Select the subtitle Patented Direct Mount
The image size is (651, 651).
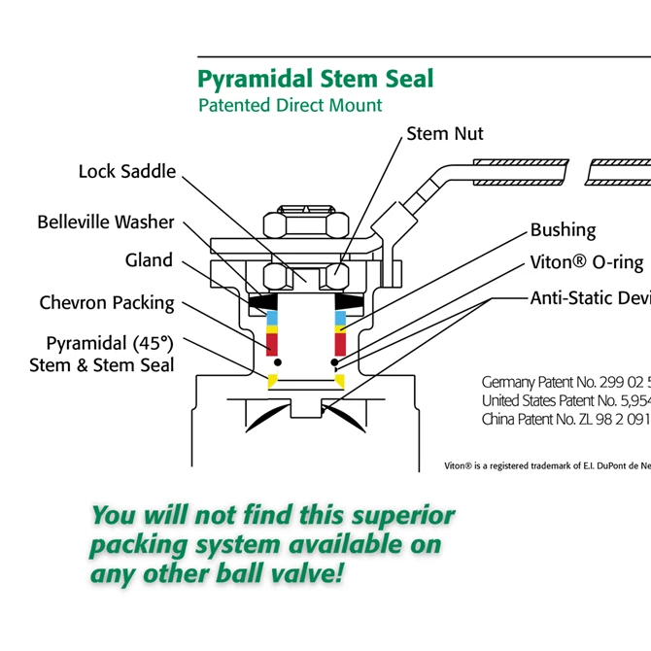pos(291,105)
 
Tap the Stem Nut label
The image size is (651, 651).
pos(444,133)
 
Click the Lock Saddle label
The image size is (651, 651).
pos(127,172)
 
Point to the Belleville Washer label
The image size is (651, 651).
pos(106,223)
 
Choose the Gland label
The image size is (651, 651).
pos(149,260)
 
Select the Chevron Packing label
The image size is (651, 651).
pos(107,303)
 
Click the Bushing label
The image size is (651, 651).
pos(563,230)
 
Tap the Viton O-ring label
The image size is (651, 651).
pos(587,262)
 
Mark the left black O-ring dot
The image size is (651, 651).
pos(277,362)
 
